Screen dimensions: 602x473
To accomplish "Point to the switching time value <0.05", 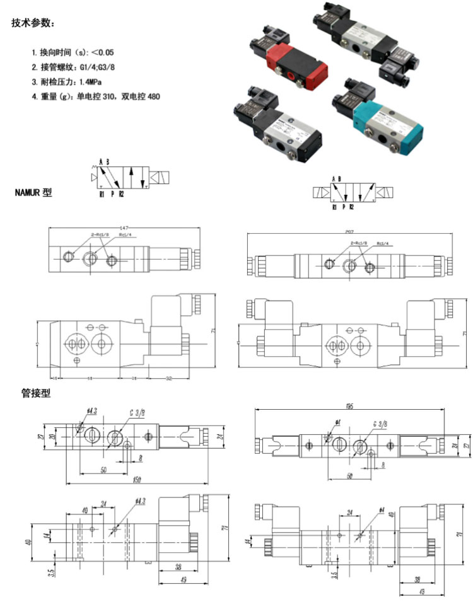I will tap(104, 52).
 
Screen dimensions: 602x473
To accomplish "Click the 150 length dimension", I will tap(136, 480).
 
